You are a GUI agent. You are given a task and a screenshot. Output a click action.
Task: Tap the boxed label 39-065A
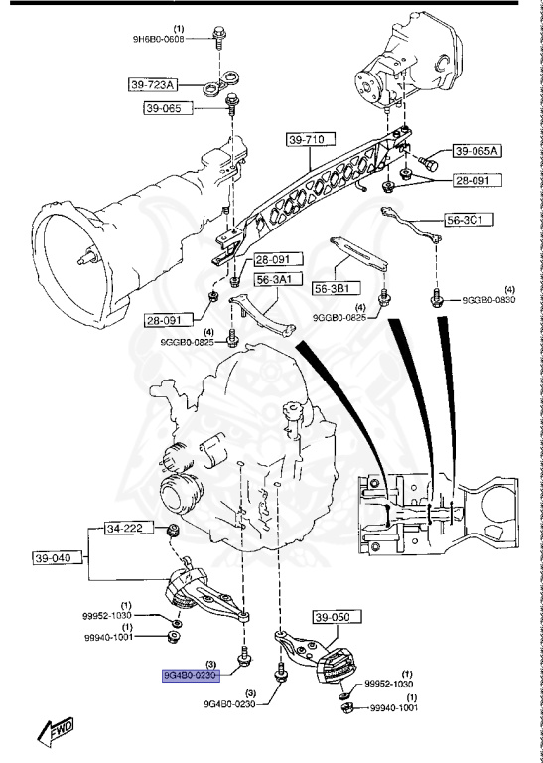pos(478,152)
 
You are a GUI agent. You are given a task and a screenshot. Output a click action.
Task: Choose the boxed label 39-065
pos(163,108)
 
